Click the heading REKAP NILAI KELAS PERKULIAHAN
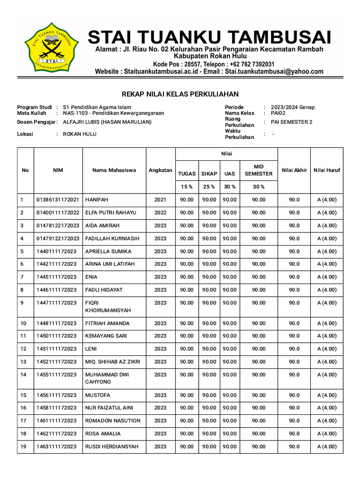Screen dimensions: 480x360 tap(180, 94)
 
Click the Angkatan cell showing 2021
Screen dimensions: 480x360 tap(160, 200)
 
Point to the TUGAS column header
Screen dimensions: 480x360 tap(187, 174)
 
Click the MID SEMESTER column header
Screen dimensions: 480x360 tap(258, 170)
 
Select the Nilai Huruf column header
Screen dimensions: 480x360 tap(327, 170)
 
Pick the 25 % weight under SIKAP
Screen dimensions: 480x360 tap(209, 187)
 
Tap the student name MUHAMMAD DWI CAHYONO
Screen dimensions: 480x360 tap(106, 378)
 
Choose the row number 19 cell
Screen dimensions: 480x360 tap(23, 447)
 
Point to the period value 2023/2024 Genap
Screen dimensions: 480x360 tap(292, 107)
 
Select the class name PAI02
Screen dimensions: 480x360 tap(278, 113)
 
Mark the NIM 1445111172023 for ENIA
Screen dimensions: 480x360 tap(56, 277)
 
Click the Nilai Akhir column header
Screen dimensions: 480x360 tap(294, 170)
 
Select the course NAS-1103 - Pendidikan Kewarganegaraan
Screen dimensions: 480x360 tap(113, 113)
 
